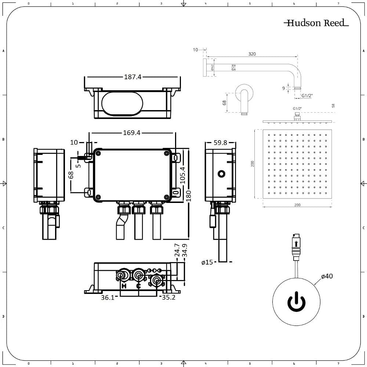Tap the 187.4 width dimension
(x=132, y=77)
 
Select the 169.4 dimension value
(x=132, y=133)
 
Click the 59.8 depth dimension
(x=220, y=143)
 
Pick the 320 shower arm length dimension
(x=252, y=54)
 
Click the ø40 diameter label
(x=327, y=276)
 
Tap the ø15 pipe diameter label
(x=207, y=262)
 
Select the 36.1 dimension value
(x=108, y=298)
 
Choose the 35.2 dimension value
(x=168, y=298)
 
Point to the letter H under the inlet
(x=124, y=286)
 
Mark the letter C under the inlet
(x=138, y=286)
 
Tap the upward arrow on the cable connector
(x=296, y=243)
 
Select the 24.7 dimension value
(x=177, y=250)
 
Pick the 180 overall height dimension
(x=188, y=195)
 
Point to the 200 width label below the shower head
(x=297, y=205)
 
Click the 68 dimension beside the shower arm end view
(x=225, y=103)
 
